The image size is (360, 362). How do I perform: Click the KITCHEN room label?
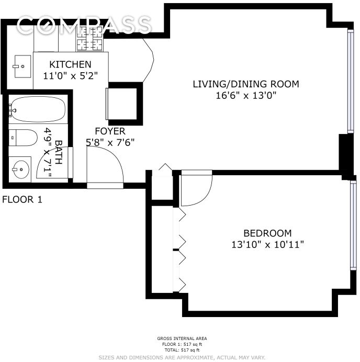click(x=70, y=64)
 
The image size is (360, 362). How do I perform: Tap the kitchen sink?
click(x=22, y=66)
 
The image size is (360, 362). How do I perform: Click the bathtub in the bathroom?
click(x=37, y=109)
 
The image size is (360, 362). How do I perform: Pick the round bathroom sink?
click(x=21, y=168)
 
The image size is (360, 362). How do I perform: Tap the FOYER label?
click(x=110, y=131)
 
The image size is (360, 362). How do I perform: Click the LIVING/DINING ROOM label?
click(x=245, y=84)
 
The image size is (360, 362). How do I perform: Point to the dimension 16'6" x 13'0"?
click(x=245, y=95)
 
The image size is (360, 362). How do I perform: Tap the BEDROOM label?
click(x=267, y=233)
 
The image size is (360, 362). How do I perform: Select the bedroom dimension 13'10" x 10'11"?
click(x=267, y=244)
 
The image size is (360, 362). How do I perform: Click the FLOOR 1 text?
click(x=22, y=199)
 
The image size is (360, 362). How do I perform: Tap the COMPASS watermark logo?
click(x=84, y=25)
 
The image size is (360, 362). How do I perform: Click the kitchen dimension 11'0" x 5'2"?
click(x=70, y=75)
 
